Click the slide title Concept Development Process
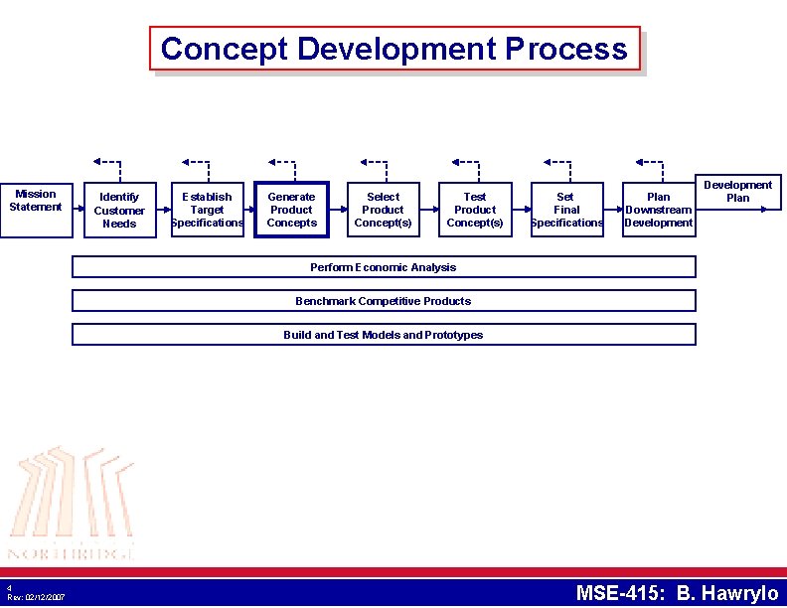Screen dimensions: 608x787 point(394,49)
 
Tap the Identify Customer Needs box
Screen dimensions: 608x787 point(119,210)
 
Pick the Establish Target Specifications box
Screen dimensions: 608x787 point(207,210)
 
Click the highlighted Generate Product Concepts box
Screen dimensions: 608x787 point(291,210)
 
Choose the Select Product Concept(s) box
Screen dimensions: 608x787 point(383,210)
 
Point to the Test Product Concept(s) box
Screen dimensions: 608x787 point(475,210)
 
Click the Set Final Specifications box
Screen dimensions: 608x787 point(566,210)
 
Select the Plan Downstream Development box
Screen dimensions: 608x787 point(658,210)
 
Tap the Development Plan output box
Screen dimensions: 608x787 point(738,192)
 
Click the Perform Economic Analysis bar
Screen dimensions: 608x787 point(384,267)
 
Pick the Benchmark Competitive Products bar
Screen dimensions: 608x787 point(384,301)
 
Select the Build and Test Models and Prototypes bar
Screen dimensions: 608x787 point(384,335)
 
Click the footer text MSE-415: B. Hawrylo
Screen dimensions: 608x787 point(678,594)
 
